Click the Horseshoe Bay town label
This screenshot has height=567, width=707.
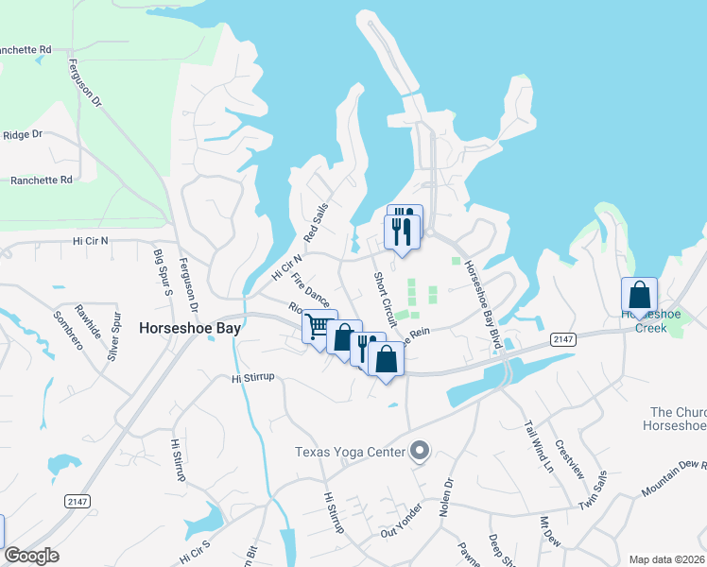pos(190,329)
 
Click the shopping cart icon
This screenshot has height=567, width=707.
pos(319,327)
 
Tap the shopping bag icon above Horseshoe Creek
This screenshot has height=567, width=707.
pos(639,294)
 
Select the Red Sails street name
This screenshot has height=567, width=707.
pos(316,222)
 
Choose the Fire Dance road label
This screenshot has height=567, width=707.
pos(310,289)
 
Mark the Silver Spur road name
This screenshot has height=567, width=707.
pos(114,338)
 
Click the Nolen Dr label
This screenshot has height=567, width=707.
pos(446,495)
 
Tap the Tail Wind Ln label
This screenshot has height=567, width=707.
pos(538,445)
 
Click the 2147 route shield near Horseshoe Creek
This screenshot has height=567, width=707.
pos(563,338)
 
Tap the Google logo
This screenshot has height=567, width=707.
pos(32,556)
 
